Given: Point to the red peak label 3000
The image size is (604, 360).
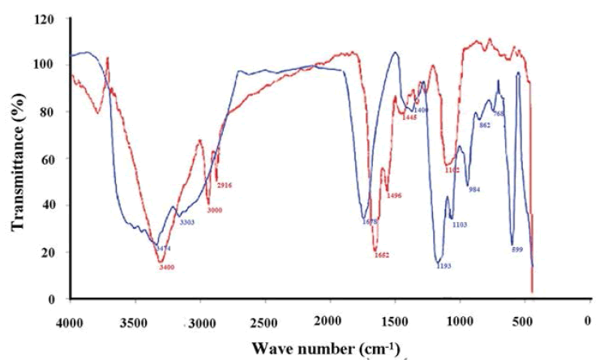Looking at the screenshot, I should pyautogui.click(x=214, y=210).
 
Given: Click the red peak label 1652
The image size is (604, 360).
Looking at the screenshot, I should pyautogui.click(x=382, y=255).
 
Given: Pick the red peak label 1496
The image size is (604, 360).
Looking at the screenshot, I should pyautogui.click(x=395, y=195).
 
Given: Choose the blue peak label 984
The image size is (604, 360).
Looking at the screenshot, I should pyautogui.click(x=475, y=190).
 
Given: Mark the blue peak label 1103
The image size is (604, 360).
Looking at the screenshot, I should pyautogui.click(x=459, y=225).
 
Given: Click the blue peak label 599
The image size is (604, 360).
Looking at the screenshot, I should pyautogui.click(x=518, y=250).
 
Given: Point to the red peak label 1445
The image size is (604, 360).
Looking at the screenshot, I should pyautogui.click(x=409, y=118).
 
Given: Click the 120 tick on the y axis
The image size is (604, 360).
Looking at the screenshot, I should pyautogui.click(x=50, y=18).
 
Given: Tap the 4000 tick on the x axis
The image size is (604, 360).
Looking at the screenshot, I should pyautogui.click(x=71, y=321).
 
